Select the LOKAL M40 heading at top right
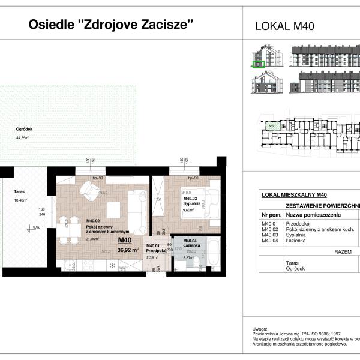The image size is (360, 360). pos(285,26)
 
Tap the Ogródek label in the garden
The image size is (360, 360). pos(24,130)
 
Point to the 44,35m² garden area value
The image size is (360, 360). pos(23,137)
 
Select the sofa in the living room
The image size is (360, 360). pos(139,213)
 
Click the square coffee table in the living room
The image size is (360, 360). pos(115,210)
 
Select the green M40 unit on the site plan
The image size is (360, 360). pos(272,125)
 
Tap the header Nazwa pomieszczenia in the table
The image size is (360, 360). pos(313,214)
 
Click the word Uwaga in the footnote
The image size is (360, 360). pos(260,329)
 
